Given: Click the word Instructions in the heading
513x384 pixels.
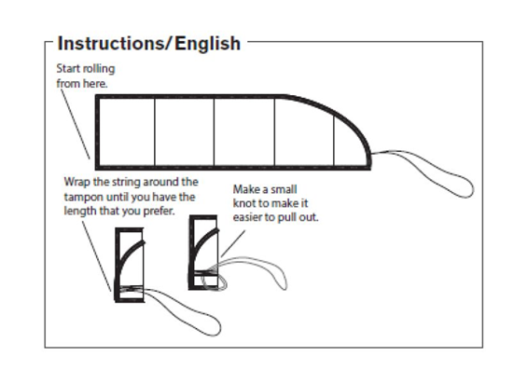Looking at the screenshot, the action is pos(112,44).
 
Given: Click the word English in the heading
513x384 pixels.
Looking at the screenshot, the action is pos(208,44).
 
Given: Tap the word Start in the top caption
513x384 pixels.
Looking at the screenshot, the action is pos(68,69).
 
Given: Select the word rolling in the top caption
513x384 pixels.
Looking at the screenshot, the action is pos(99,69).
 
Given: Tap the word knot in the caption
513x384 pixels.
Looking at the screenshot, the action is pos(244,203).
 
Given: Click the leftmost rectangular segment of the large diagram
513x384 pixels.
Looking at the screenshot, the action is pos(126,132).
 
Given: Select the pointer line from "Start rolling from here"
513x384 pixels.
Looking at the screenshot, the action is pos(76,124).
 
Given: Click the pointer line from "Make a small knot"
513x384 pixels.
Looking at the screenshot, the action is pos(233,243).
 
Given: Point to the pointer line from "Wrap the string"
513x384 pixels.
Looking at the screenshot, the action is pos(96,256).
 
